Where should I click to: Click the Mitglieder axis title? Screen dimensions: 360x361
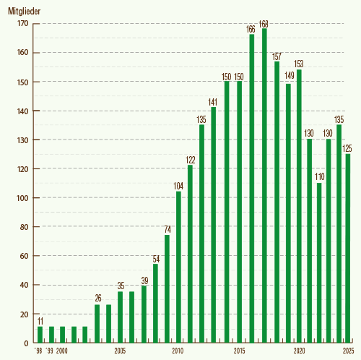click(x=24, y=12)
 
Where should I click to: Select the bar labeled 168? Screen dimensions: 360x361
click(x=264, y=185)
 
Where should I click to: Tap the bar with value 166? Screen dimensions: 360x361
click(x=252, y=188)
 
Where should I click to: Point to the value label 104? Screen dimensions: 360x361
click(x=178, y=186)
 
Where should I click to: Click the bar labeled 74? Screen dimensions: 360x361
click(x=167, y=288)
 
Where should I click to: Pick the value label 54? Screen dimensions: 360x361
click(x=155, y=258)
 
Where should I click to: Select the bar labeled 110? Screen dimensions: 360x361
click(x=319, y=262)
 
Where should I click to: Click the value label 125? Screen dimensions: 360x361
click(x=347, y=148)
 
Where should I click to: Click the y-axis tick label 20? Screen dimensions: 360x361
click(x=24, y=314)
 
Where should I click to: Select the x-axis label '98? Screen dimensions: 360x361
click(x=38, y=351)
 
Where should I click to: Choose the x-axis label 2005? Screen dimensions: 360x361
click(x=120, y=351)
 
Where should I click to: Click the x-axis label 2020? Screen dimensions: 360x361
click(x=297, y=351)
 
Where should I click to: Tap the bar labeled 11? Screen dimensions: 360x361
click(x=40, y=335)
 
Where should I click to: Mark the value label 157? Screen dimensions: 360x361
click(x=276, y=56)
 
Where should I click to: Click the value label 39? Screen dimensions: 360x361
click(x=144, y=280)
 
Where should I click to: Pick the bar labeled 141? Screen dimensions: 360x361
click(x=214, y=225)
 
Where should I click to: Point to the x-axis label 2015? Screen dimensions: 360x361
click(x=239, y=351)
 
